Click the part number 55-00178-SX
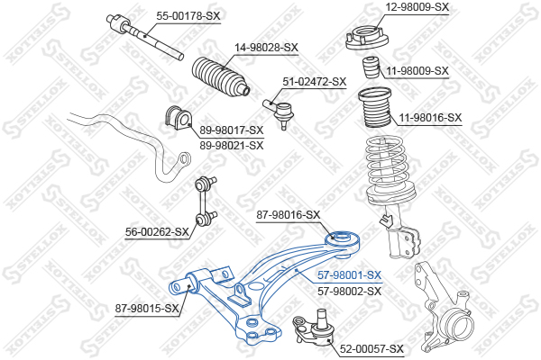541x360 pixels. point(188,16)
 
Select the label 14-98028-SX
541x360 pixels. point(266,48)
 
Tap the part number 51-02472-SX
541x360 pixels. point(315,82)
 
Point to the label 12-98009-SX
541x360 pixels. point(417,7)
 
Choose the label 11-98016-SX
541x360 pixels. point(430,118)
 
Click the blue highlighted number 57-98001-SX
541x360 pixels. point(349,275)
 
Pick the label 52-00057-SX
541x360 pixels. point(371,349)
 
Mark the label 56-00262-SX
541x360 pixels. point(157,232)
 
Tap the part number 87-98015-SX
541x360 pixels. point(147,309)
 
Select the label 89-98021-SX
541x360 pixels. point(231,146)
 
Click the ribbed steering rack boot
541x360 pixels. point(221,76)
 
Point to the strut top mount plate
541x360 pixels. point(367,39)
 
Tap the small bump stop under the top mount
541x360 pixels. point(371,67)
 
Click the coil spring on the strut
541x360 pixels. point(390,169)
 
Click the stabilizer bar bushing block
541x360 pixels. point(178,118)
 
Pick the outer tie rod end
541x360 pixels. point(280,112)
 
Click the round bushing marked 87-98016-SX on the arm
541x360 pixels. point(343,241)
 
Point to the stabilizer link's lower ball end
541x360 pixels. point(200,218)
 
